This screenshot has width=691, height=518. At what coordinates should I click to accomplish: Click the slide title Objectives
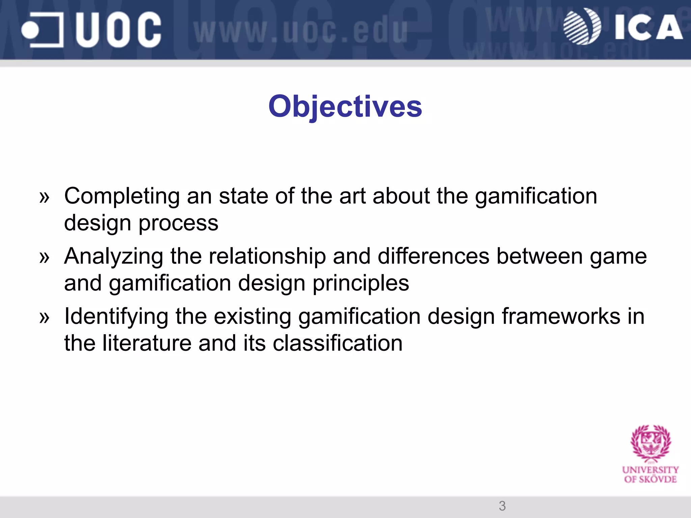pyautogui.click(x=345, y=107)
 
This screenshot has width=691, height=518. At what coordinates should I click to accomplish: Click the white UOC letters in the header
pyautogui.click(x=118, y=30)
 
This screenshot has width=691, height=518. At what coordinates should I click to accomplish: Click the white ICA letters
pyautogui.click(x=648, y=28)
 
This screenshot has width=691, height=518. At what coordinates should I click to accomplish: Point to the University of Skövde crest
pyautogui.click(x=651, y=443)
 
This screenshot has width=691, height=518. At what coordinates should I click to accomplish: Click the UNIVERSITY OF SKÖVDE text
pyautogui.click(x=650, y=474)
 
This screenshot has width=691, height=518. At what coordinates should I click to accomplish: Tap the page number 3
pyautogui.click(x=502, y=506)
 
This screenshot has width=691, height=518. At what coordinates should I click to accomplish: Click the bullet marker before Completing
pyautogui.click(x=44, y=197)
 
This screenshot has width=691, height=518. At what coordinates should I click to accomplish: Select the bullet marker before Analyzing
pyautogui.click(x=44, y=257)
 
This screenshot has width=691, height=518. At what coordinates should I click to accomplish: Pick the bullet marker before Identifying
pyautogui.click(x=44, y=317)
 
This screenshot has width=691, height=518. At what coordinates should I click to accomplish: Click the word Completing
pyautogui.click(x=122, y=196)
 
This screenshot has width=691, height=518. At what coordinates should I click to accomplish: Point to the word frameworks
pyautogui.click(x=561, y=316)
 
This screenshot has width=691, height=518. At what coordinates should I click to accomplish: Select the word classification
pyautogui.click(x=337, y=343)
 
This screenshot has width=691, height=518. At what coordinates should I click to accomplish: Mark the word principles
pyautogui.click(x=361, y=283)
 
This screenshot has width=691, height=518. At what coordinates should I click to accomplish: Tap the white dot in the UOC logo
pyautogui.click(x=30, y=30)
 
